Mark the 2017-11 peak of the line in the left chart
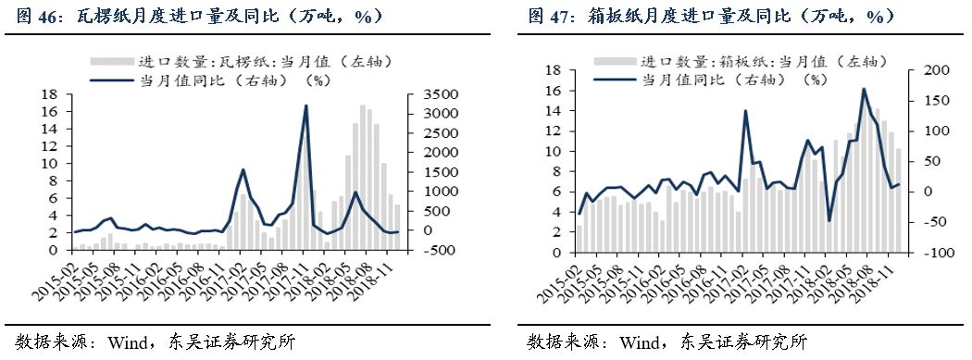click(306, 106)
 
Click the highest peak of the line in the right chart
click(864, 89)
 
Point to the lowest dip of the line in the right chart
click(829, 220)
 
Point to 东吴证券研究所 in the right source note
click(747, 341)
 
